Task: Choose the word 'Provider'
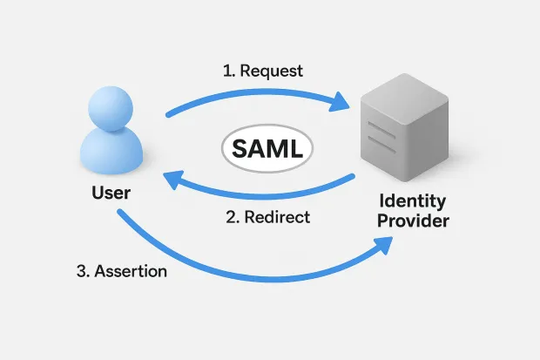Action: point(412,221)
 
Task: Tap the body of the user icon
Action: point(111,155)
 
